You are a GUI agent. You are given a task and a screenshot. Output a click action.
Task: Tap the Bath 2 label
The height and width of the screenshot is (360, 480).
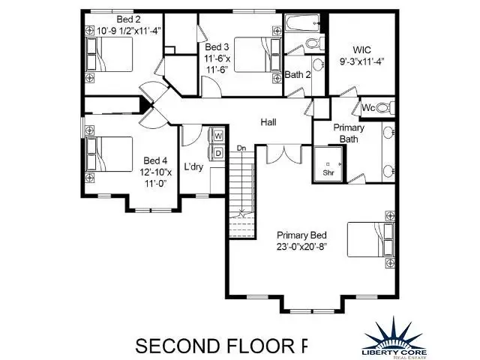[298, 74]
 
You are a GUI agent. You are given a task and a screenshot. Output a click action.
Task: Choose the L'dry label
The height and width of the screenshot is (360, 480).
[193, 166]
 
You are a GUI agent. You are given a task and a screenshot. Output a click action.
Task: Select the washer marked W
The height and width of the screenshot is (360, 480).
[218, 136]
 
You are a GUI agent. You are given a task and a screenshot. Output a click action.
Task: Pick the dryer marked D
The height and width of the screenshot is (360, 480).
[218, 153]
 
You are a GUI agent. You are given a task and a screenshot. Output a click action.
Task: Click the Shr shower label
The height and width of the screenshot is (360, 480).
[328, 172]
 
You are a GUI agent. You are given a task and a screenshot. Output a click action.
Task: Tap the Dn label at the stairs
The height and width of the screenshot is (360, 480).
[241, 148]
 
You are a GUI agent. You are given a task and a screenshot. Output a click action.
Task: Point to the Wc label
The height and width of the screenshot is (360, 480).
[368, 106]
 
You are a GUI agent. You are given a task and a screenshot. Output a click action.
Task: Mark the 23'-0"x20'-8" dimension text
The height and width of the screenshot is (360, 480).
[301, 245]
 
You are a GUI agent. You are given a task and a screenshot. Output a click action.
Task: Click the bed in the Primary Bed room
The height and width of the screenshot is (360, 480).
[370, 242]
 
